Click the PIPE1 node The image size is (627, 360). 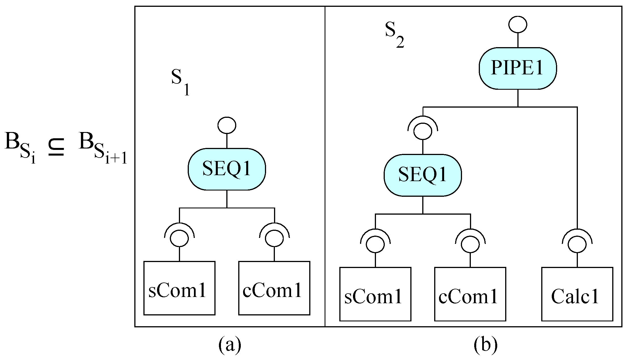pos(518,68)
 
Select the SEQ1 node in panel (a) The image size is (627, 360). pos(227,169)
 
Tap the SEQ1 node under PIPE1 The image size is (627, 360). pos(423,175)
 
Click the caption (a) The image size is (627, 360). pos(229,345)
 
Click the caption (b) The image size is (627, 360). pos(486,345)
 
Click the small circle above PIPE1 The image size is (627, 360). pos(518,24)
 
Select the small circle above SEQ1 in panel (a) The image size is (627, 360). pos(227,125)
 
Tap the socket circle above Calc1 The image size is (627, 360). pos(577,244)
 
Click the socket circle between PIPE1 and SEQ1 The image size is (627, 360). pos(423,131)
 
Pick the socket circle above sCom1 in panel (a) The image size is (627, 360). pos(179,238)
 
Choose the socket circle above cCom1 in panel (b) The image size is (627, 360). pos(470,244)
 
